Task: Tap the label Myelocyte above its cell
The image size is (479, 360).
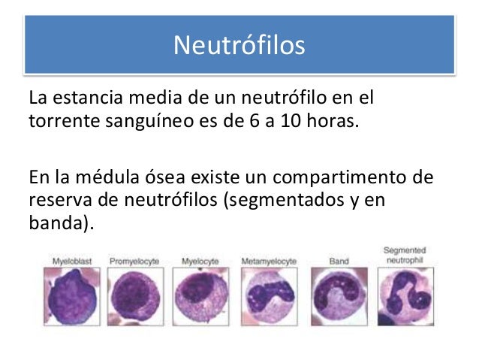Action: click(200, 261)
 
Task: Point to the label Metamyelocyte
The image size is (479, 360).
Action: click(269, 261)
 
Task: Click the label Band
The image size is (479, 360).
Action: click(338, 261)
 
